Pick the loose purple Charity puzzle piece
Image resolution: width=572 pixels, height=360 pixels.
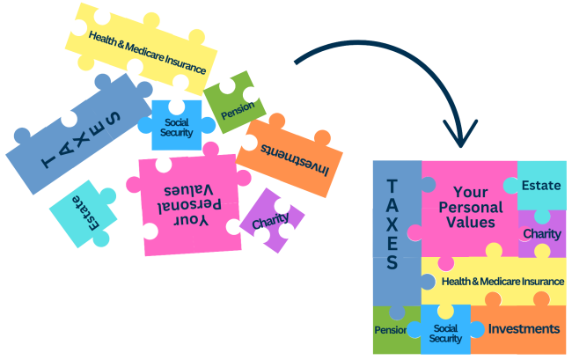pos(271,221)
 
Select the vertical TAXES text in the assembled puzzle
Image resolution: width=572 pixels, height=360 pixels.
pos(392,225)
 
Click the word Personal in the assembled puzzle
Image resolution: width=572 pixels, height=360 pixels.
pos(470,208)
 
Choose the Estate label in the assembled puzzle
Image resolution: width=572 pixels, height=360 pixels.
pos(541,186)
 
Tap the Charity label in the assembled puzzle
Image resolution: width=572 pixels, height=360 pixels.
pos(541,234)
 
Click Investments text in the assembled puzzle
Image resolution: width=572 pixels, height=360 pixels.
pos(524,329)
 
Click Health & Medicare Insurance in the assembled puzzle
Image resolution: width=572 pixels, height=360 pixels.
pos(502,282)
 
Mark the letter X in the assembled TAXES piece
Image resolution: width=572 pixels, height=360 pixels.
pos(392,221)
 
